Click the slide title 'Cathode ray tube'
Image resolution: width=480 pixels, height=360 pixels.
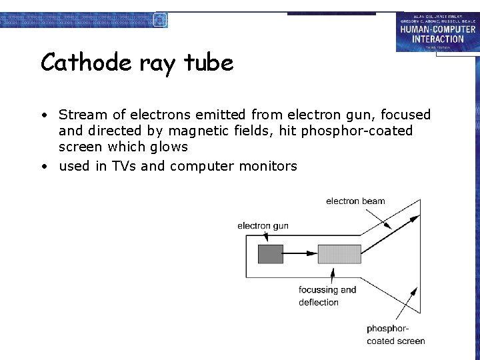point(137,63)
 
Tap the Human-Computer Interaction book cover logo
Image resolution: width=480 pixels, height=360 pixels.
point(437,31)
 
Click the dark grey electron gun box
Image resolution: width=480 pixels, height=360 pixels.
point(270,254)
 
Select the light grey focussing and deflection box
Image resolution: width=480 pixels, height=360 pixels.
point(339,254)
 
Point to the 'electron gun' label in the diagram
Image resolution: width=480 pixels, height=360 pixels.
point(263,226)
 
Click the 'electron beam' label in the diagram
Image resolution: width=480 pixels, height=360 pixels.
point(355,201)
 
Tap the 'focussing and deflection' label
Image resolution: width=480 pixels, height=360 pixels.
point(327,296)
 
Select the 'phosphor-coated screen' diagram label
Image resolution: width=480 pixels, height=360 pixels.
point(395,335)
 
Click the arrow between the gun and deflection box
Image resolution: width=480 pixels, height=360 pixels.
point(300,254)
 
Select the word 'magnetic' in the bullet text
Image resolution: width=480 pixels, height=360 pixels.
point(229,131)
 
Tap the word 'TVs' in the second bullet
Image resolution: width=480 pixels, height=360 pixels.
point(124,166)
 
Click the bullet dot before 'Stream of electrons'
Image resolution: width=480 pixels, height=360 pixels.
point(43,116)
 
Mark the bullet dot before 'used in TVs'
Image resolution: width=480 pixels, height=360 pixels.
point(43,167)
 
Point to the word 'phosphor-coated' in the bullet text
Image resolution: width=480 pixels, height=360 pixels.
point(357,131)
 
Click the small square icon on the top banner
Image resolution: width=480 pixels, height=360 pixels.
point(160,19)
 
